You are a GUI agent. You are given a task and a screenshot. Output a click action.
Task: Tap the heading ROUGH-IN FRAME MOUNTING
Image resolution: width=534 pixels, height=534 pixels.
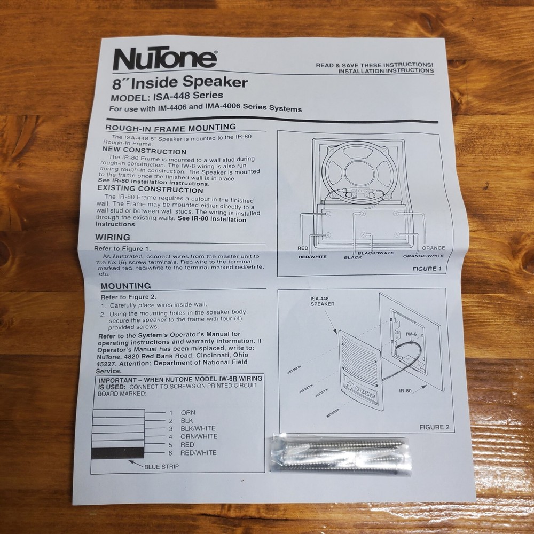click(x=170, y=127)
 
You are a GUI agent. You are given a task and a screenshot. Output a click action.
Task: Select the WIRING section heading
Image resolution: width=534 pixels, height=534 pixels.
click(x=112, y=237)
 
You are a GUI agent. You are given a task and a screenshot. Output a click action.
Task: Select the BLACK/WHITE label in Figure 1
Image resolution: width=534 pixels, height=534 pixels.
click(x=375, y=253)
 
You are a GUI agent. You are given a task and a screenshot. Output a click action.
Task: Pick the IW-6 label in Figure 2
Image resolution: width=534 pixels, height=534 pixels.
click(x=411, y=335)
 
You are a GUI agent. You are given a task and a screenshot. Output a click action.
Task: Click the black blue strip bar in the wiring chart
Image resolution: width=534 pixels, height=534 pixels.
click(x=117, y=453)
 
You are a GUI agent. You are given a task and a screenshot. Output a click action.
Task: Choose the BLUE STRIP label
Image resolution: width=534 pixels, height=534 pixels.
click(x=161, y=466)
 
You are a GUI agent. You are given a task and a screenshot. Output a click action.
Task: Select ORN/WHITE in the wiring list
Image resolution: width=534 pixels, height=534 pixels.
click(x=199, y=436)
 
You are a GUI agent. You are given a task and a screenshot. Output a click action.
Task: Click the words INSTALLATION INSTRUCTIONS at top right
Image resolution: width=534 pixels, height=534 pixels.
click(x=386, y=70)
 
